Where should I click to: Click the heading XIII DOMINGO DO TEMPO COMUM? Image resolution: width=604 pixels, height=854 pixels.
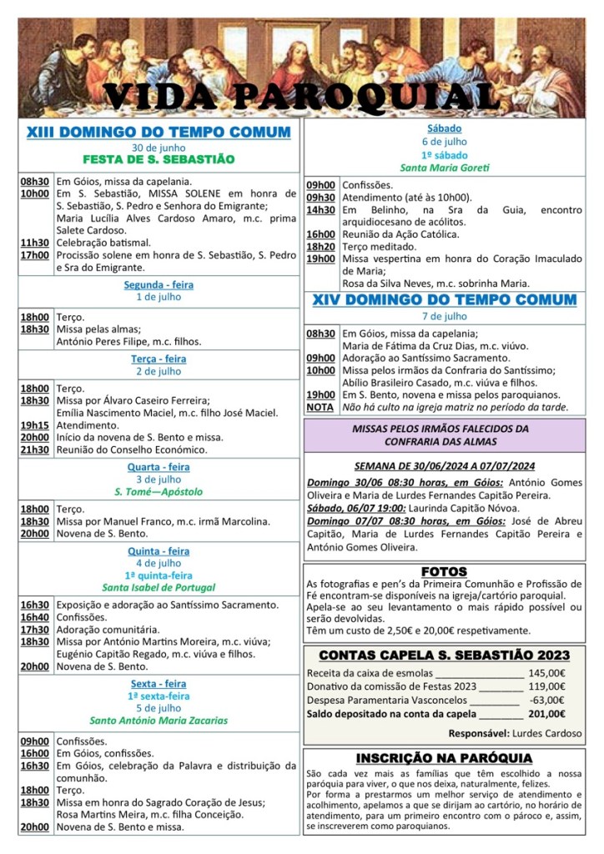159,132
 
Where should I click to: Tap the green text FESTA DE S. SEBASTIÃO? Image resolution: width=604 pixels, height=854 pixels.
159,158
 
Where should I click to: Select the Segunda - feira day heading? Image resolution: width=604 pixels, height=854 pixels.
159,284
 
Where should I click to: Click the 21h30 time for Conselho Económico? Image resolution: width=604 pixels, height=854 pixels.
34,449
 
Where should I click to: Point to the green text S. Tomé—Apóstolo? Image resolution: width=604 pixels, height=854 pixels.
159,491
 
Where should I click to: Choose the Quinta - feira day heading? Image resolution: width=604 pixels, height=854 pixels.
159,551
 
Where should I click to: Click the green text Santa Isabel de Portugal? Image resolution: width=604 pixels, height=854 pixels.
159,587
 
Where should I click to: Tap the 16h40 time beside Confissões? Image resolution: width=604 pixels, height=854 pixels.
34,617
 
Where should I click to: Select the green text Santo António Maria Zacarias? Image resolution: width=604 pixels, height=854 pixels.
159,720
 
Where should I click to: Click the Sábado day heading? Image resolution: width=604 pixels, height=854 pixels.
444,129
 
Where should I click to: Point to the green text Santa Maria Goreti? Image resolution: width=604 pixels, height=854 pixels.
444,168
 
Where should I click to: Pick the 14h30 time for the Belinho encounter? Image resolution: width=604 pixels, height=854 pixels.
320,210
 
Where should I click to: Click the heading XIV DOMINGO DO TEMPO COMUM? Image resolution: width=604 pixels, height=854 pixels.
444,299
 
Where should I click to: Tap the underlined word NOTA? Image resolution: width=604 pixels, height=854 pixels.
320,407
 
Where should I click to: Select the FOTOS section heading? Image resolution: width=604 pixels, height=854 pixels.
444,571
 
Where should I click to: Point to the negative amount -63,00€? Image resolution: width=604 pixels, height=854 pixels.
548,700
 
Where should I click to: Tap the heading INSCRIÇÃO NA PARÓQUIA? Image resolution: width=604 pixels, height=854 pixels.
444,757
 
